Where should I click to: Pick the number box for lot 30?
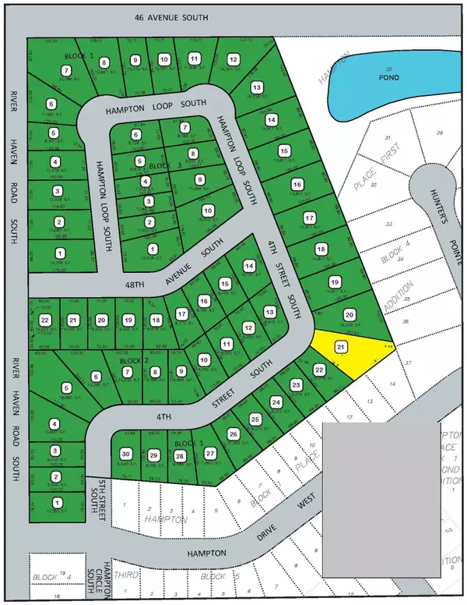pos(125,455)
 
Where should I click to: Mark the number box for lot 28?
pos(180,456)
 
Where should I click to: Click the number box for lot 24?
pos(276,402)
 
